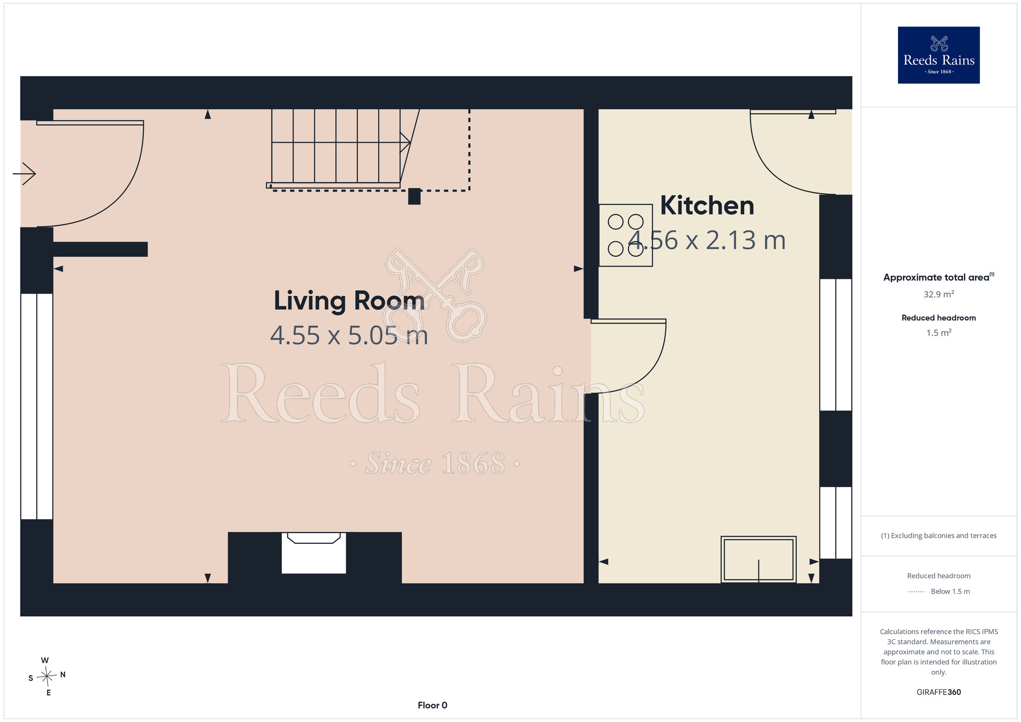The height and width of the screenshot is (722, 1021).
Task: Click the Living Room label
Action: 349,300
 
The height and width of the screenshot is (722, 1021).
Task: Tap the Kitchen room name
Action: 707,205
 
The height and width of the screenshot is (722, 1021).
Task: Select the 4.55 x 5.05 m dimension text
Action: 349,335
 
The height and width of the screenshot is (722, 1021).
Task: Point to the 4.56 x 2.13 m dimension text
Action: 707,240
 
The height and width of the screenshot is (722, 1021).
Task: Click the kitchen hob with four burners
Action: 626,235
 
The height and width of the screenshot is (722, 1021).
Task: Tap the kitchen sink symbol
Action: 759,559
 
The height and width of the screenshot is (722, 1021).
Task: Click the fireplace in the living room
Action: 314,553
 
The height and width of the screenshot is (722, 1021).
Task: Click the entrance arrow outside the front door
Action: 24,174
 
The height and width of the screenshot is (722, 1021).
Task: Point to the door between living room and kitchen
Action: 628,356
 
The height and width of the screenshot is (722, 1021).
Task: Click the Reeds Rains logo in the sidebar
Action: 939,55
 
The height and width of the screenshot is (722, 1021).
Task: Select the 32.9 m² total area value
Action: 939,294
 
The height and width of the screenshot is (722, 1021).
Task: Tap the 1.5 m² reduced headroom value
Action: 939,332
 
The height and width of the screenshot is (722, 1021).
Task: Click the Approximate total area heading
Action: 939,277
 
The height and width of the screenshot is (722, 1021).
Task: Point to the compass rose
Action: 47,677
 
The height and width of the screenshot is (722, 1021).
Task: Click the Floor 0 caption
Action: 432,705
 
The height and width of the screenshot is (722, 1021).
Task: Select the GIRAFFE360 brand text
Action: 939,692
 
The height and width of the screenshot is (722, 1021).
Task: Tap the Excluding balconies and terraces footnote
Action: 939,536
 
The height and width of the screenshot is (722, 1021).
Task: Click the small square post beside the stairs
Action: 415,197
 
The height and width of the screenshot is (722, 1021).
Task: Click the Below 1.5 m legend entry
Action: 950,591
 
